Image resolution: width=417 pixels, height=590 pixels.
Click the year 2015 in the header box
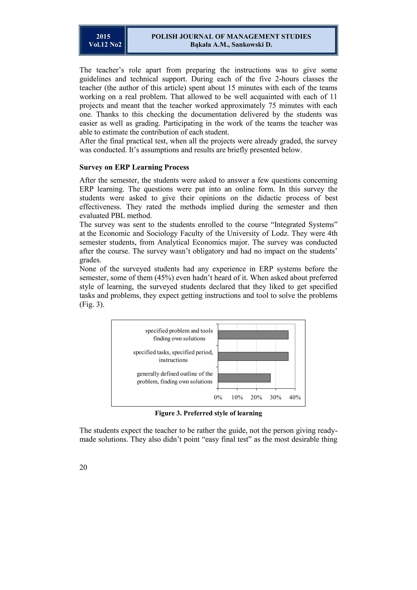click(103, 36)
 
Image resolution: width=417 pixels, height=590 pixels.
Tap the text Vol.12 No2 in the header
click(105, 45)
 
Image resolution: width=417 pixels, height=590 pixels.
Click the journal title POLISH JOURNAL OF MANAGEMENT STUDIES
click(231, 36)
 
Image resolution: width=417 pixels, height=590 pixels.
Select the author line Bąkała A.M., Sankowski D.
click(231, 45)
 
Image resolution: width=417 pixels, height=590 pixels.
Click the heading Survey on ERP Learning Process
click(134, 167)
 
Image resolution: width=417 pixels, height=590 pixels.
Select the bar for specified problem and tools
click(253, 335)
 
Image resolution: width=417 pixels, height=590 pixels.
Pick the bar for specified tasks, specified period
click(253, 356)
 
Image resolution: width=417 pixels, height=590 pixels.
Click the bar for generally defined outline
click(244, 378)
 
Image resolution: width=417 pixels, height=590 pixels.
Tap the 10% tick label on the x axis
click(237, 397)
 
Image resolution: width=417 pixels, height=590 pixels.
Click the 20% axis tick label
click(256, 397)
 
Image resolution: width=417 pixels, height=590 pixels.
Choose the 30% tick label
click(275, 397)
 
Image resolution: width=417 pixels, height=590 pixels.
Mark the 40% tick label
click(295, 397)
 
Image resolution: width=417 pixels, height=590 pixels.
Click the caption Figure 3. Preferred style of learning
click(208, 413)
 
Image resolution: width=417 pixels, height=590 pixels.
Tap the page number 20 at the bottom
click(83, 467)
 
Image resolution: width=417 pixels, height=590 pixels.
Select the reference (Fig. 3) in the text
click(92, 305)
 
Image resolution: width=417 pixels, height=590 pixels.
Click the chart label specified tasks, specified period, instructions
click(173, 356)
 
